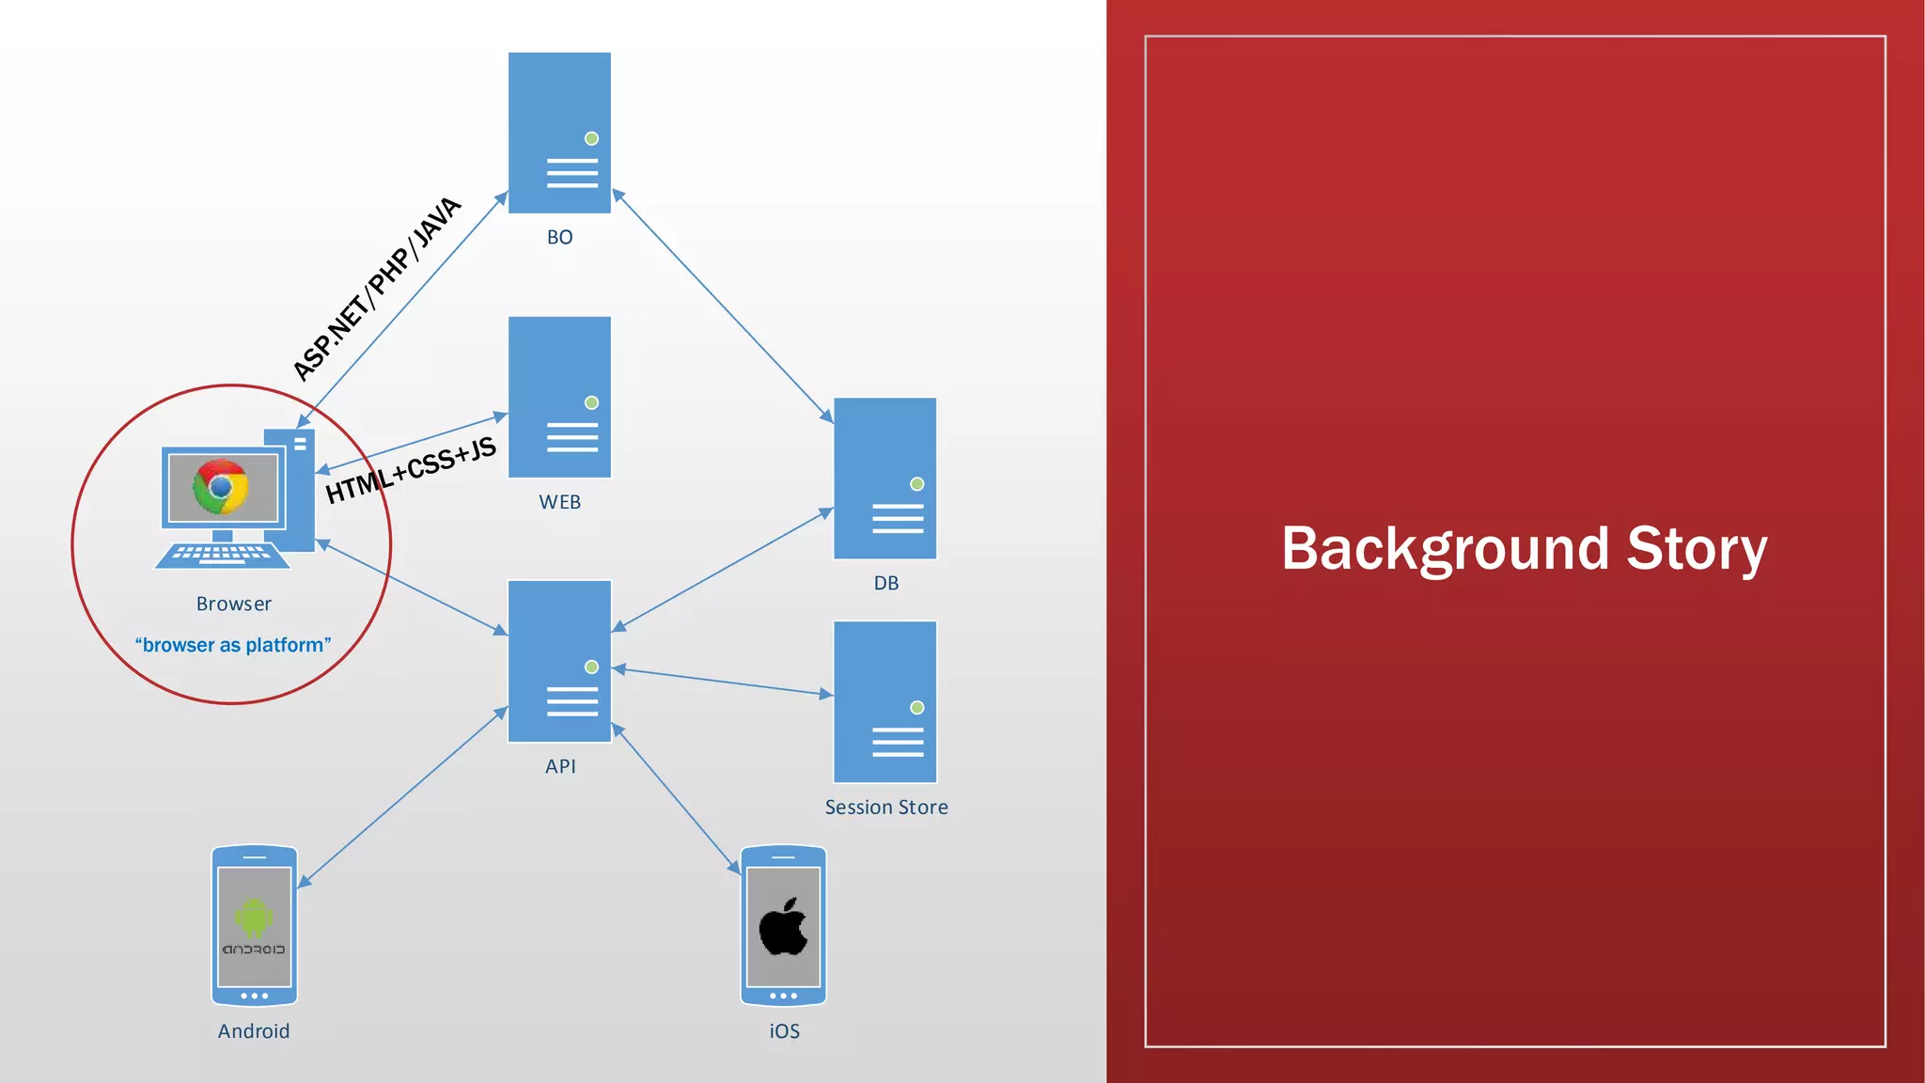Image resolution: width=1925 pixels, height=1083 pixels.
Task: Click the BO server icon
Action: [559, 133]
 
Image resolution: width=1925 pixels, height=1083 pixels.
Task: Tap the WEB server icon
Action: [559, 397]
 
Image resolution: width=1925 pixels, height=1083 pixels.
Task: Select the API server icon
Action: [559, 661]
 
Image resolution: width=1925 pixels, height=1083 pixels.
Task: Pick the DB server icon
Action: [884, 478]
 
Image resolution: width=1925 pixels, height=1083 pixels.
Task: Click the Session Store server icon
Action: [884, 701]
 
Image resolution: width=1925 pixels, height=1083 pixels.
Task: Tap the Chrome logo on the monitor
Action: [221, 486]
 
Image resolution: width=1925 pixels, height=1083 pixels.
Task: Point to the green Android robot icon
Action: [254, 918]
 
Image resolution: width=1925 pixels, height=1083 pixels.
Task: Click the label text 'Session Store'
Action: [885, 807]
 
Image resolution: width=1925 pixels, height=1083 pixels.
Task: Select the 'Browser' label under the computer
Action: [233, 604]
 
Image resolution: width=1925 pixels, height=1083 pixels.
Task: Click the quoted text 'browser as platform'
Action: [233, 645]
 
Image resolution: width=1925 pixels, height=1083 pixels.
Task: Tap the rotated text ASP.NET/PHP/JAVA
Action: [377, 289]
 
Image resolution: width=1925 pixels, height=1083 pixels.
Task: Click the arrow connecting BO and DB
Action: [722, 305]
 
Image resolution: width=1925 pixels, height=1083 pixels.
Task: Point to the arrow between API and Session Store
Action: [722, 682]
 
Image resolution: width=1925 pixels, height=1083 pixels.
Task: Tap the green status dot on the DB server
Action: [916, 484]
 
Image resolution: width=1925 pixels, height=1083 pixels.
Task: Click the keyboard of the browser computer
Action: [223, 555]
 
